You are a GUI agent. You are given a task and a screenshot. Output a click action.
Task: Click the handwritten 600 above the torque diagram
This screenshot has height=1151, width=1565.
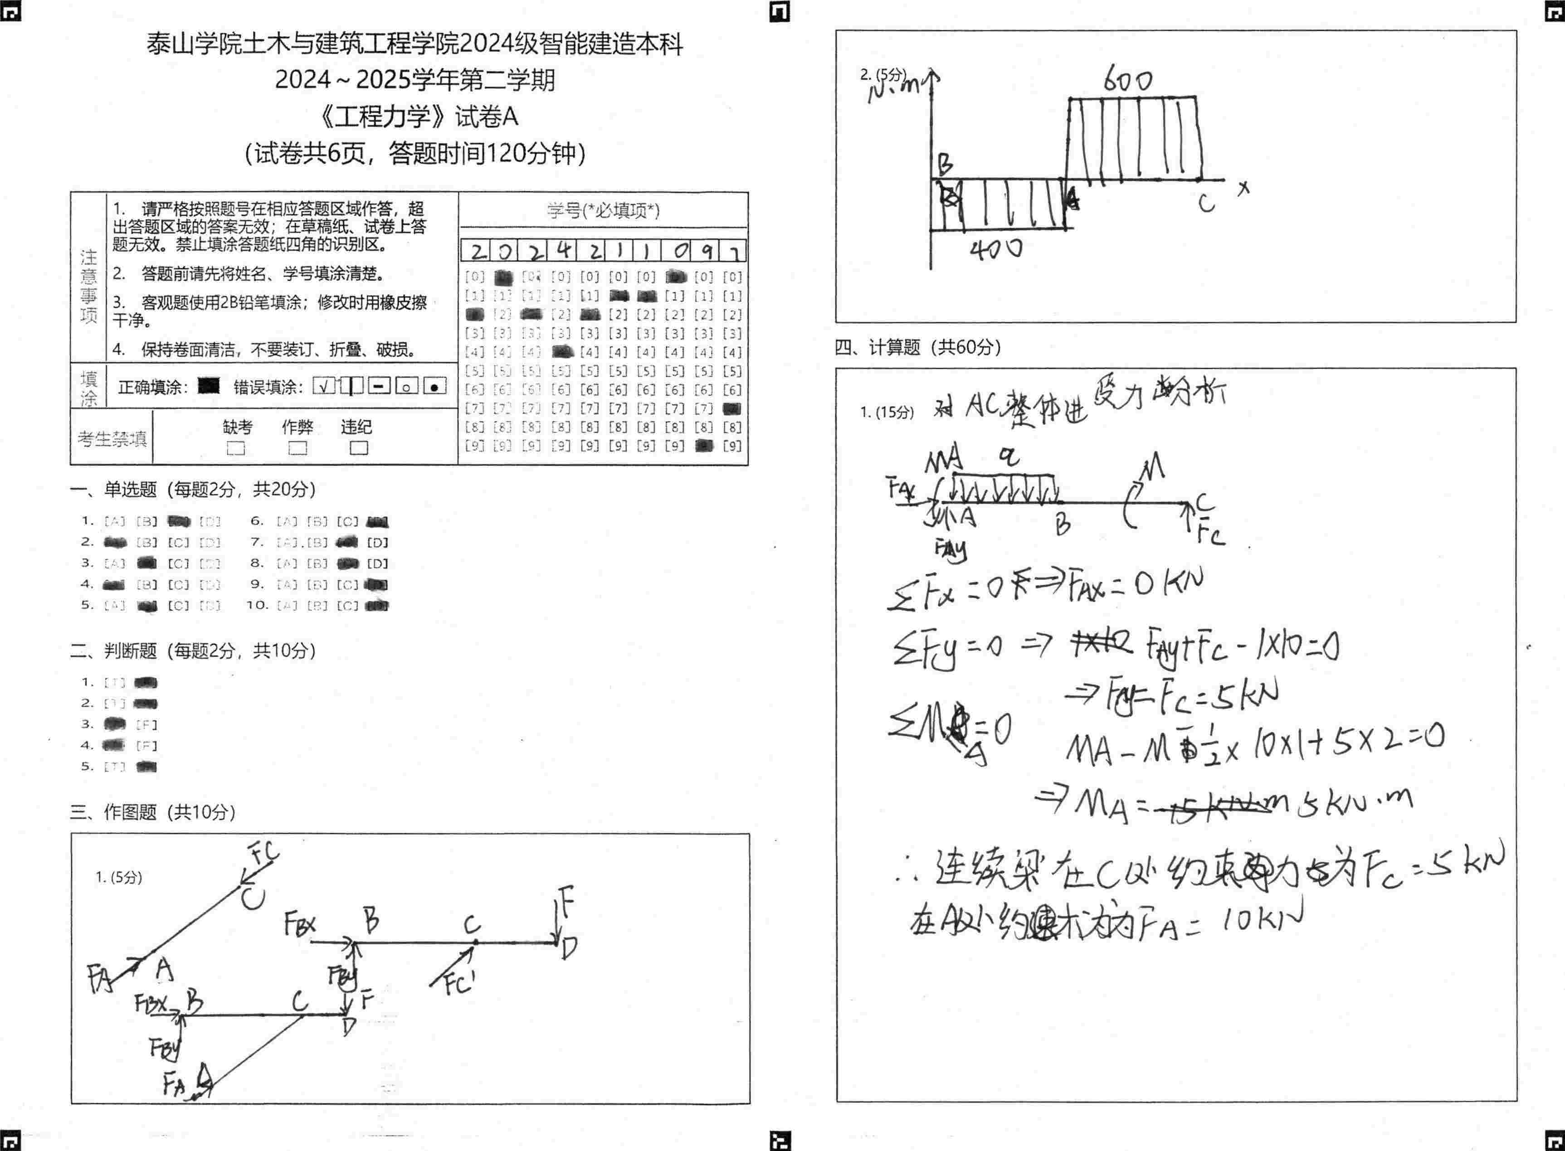tap(1127, 81)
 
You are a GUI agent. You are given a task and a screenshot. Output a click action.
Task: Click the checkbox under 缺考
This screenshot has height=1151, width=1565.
tap(236, 448)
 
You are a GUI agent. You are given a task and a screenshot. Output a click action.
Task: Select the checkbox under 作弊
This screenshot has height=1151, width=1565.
tap(297, 448)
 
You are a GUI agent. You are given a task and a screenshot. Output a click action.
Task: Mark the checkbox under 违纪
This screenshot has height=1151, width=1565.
tap(358, 448)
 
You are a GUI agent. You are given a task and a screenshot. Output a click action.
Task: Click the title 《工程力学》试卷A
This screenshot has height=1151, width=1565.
tap(416, 117)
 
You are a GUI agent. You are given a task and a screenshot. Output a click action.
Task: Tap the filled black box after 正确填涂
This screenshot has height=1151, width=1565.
tap(208, 386)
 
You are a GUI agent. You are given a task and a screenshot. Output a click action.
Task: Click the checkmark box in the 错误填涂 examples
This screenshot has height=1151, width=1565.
tap(324, 386)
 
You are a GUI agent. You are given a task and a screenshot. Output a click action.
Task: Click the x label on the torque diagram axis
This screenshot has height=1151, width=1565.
tap(1244, 188)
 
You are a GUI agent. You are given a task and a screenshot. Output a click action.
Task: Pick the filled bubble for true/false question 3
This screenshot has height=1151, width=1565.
tap(114, 724)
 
